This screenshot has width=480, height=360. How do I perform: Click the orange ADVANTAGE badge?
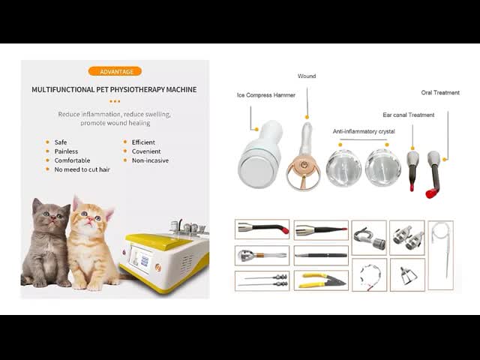(115, 71)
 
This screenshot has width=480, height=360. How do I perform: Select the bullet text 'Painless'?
(66, 151)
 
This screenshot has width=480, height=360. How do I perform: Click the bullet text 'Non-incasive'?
(150, 160)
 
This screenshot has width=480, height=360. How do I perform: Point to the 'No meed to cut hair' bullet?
(82, 169)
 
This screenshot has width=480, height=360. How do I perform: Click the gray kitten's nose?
(53, 218)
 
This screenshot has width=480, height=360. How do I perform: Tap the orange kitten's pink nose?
(90, 220)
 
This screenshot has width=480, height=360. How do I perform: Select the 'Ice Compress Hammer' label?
(266, 95)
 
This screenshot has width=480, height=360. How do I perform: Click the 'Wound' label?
(307, 76)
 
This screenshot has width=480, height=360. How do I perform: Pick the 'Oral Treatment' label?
(440, 92)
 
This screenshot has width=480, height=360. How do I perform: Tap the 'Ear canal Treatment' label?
(408, 115)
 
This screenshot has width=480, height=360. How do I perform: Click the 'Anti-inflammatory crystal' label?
(364, 131)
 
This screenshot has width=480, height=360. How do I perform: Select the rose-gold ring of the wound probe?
(303, 177)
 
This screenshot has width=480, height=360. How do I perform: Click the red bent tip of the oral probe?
(432, 193)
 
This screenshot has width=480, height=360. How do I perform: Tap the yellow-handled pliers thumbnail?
(321, 280)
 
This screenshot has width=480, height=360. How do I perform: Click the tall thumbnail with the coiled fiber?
(440, 255)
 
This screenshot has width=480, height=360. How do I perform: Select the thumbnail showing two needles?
(262, 280)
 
